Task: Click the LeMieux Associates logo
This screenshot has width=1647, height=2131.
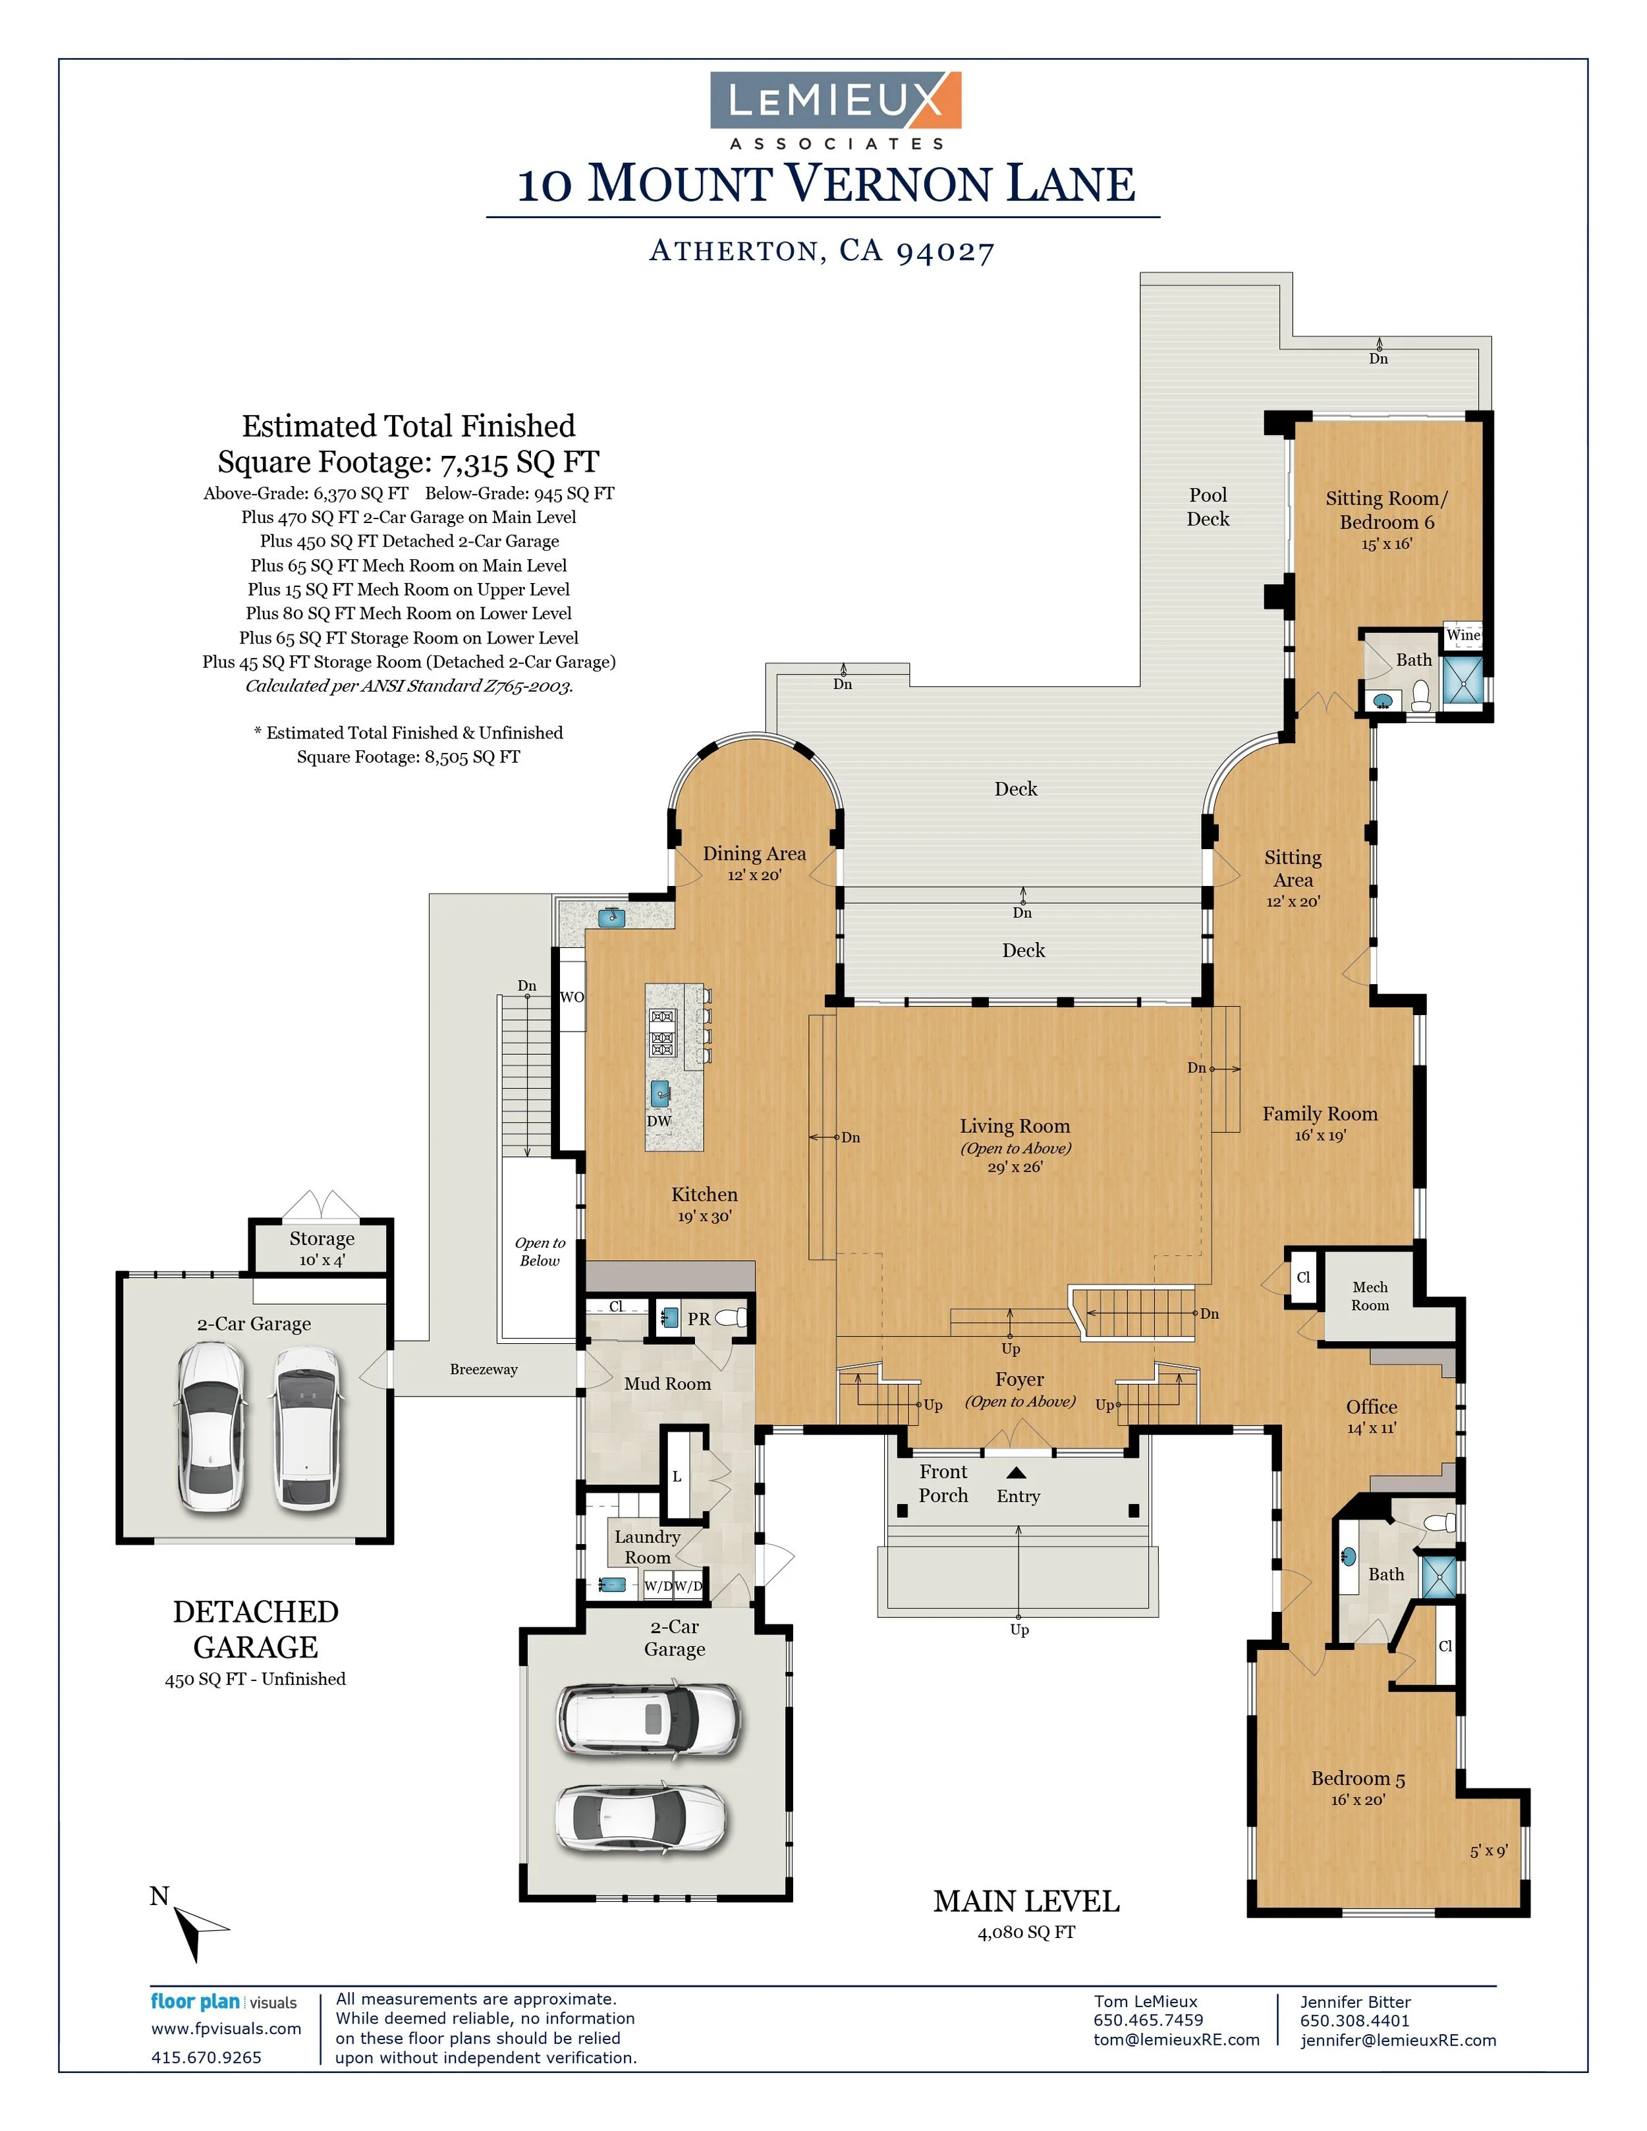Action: tap(835, 109)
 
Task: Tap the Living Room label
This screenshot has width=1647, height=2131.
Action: tap(1015, 1126)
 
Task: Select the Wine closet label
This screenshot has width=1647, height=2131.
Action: tap(1463, 635)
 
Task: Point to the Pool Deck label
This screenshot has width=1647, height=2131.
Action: tap(1208, 507)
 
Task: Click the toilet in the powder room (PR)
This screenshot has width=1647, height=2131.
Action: tap(732, 1318)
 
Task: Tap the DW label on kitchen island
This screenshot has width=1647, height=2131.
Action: tap(659, 1121)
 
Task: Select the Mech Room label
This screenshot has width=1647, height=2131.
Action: tap(1370, 1296)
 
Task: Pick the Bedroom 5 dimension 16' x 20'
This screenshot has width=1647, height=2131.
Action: tap(1357, 1800)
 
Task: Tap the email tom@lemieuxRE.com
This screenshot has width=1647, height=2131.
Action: tap(1176, 2039)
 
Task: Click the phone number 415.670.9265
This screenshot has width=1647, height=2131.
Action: tap(206, 2058)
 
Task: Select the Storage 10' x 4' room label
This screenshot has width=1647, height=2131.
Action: tap(322, 1248)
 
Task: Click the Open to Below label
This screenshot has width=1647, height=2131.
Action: tap(540, 1252)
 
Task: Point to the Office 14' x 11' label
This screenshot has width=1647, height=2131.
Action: tap(1371, 1416)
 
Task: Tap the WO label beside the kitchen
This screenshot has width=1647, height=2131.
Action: tap(572, 997)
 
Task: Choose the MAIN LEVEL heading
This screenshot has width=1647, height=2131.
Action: tap(1026, 1902)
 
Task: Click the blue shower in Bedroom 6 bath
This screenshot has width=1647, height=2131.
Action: tap(1462, 682)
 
